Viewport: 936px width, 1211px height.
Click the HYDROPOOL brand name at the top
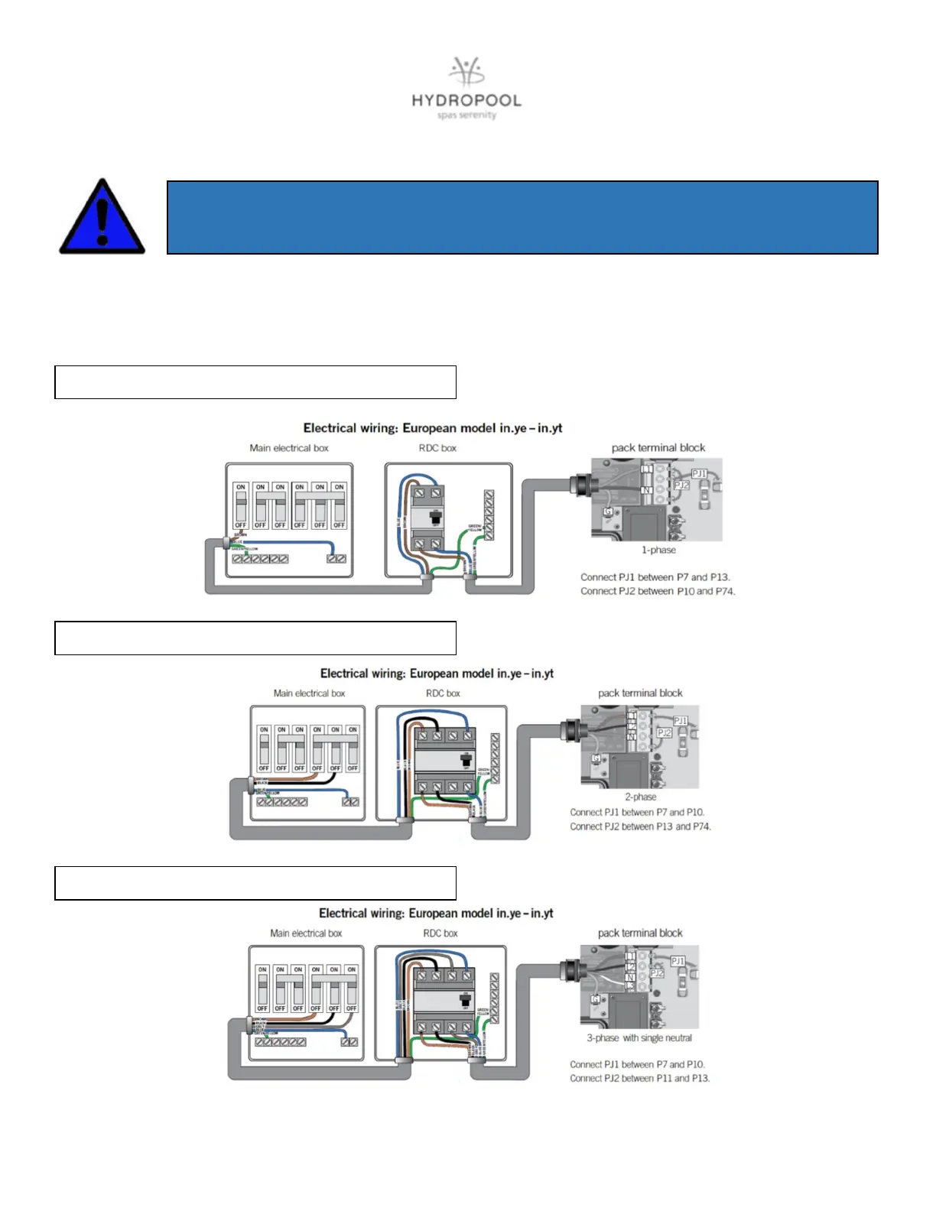(466, 101)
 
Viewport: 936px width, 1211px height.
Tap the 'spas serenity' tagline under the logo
(466, 115)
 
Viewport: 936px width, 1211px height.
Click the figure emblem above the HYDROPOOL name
(466, 72)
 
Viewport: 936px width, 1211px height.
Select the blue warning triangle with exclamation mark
(102, 219)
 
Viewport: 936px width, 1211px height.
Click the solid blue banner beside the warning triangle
(522, 217)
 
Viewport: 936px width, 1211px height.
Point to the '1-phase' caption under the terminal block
(658, 550)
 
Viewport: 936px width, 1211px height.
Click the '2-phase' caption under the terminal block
(641, 797)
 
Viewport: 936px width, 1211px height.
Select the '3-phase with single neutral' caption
(639, 1037)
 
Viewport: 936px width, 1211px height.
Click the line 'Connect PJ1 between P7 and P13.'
(655, 577)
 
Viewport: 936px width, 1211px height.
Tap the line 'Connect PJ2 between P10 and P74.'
(658, 591)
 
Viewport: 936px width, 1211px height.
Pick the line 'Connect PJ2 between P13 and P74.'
(640, 826)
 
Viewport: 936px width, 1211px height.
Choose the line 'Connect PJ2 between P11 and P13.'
(639, 1078)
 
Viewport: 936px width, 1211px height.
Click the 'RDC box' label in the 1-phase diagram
(437, 448)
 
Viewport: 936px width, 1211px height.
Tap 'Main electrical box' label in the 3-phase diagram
(306, 933)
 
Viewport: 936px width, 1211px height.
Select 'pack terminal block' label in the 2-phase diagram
(640, 693)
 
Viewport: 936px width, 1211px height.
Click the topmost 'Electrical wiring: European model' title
(433, 428)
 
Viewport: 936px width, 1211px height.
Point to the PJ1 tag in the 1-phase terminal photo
(699, 474)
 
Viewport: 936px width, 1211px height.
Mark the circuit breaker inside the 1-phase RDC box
(427, 518)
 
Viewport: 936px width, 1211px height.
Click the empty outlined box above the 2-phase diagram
(255, 638)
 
